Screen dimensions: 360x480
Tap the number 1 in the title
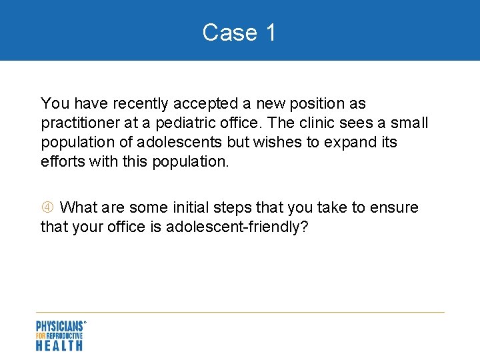click(x=270, y=32)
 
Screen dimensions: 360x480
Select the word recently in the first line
click(x=141, y=104)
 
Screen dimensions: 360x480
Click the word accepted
click(x=205, y=104)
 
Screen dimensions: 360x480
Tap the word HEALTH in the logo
click(x=59, y=345)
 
